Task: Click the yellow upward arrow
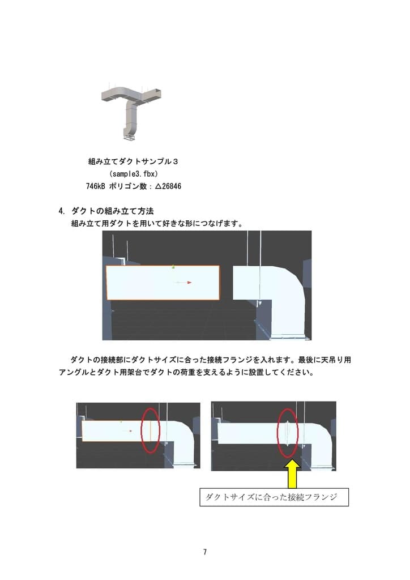pyautogui.click(x=292, y=474)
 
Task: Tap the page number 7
pyautogui.click(x=204, y=552)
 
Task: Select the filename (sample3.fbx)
pyautogui.click(x=133, y=173)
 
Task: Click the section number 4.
pyautogui.click(x=62, y=211)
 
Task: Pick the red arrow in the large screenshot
pyautogui.click(x=184, y=282)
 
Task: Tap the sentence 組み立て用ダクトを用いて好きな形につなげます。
pyautogui.click(x=157, y=223)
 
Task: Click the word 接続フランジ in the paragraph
pyautogui.click(x=226, y=360)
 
